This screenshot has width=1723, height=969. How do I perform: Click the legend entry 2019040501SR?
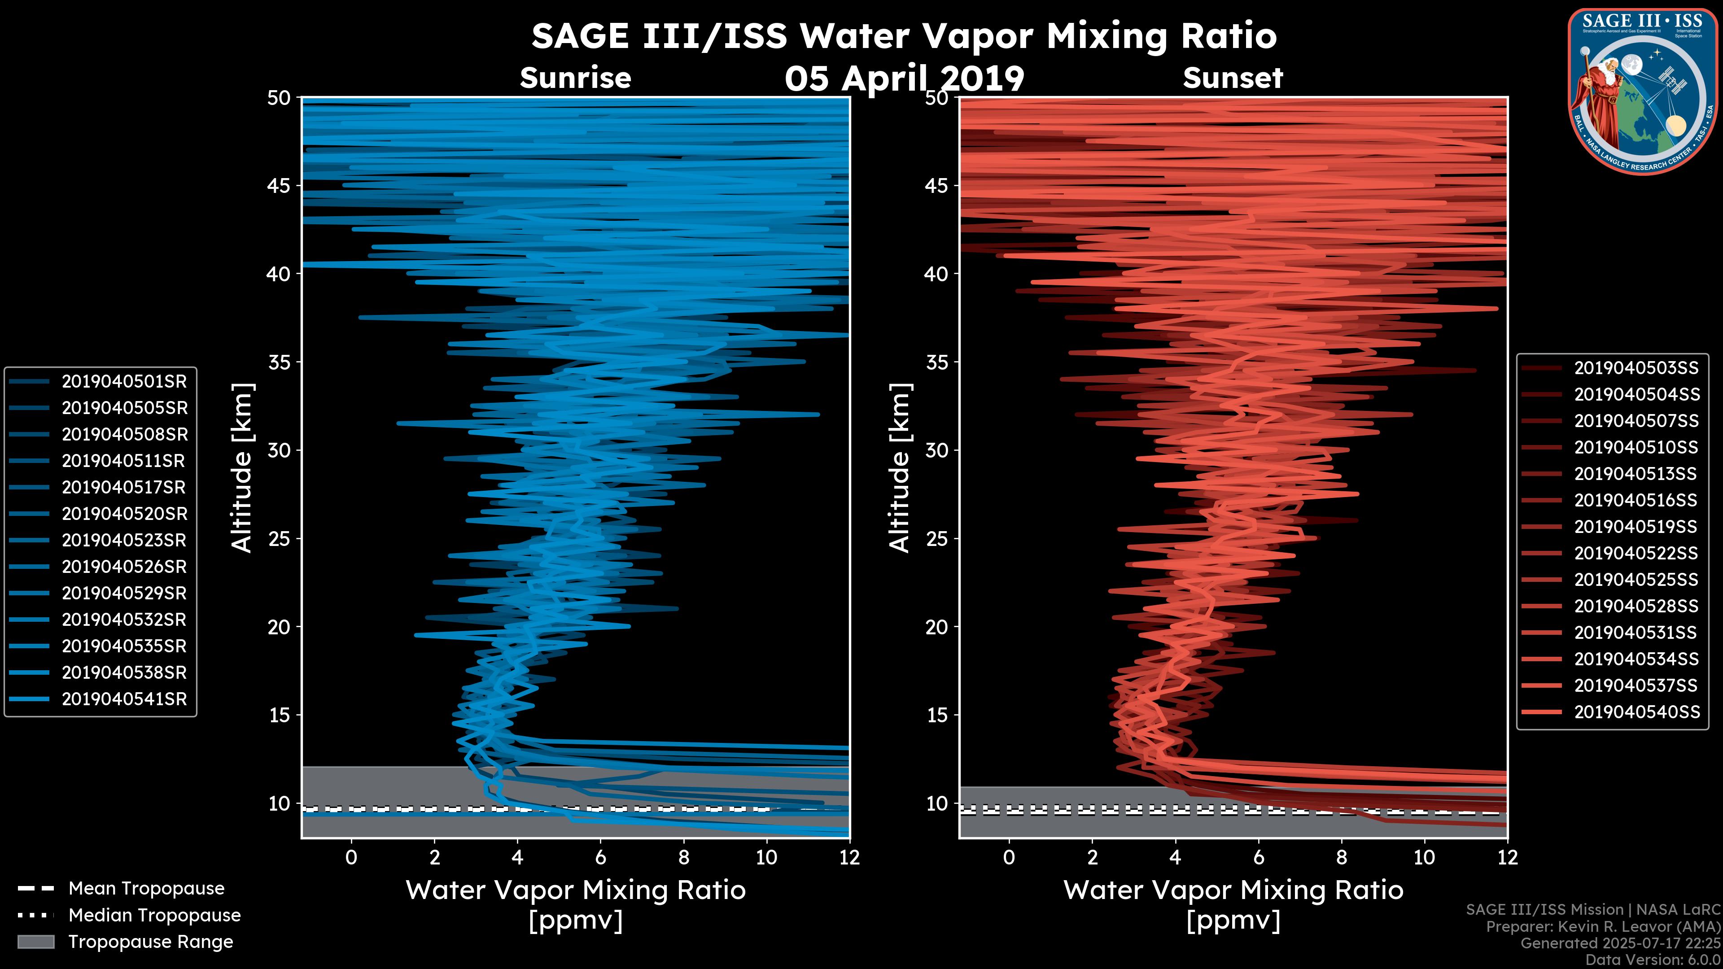[x=124, y=381]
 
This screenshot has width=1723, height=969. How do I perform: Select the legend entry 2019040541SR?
[x=124, y=699]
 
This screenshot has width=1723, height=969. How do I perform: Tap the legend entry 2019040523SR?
[x=124, y=540]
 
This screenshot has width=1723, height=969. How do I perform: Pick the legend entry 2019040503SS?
[x=1636, y=368]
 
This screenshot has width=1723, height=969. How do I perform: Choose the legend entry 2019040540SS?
[x=1636, y=712]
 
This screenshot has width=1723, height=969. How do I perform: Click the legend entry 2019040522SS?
[x=1636, y=553]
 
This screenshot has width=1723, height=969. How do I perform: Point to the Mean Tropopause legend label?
[x=146, y=888]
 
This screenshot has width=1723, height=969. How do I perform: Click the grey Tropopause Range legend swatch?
[x=35, y=942]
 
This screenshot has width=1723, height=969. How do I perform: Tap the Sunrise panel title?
[x=575, y=78]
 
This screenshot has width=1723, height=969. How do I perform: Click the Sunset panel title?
[x=1233, y=78]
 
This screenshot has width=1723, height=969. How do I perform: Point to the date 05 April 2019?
[x=904, y=79]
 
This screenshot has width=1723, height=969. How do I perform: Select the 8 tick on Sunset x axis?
[x=1341, y=857]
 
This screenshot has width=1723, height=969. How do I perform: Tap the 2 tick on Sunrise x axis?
[x=434, y=857]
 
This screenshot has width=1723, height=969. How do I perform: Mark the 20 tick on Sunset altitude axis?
[x=937, y=627]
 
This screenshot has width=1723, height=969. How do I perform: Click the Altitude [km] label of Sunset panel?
[x=900, y=468]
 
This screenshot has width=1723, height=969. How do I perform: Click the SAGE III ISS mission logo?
[x=1642, y=90]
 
